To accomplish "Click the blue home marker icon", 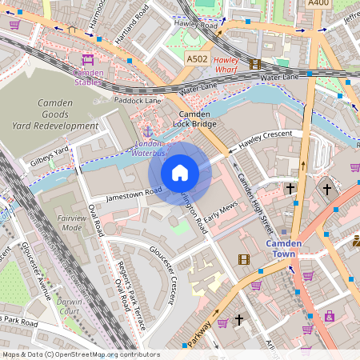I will point(180,173).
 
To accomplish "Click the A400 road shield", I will point(318,4).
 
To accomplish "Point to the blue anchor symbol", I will point(147,130).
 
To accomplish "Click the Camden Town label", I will point(284,248).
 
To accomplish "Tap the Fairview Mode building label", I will point(71,222).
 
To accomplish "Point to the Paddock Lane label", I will point(137,101).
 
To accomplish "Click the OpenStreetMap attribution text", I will point(80,354).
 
